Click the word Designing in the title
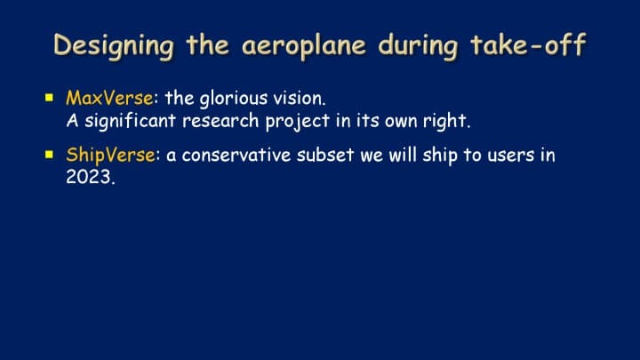(x=114, y=45)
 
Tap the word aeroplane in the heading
(x=304, y=46)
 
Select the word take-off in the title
(x=529, y=44)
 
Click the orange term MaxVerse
(x=109, y=98)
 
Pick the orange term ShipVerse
(x=110, y=155)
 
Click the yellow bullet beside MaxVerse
(x=50, y=98)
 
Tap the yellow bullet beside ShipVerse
(x=50, y=155)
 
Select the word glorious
(x=234, y=100)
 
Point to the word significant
(x=131, y=121)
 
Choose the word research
(x=220, y=121)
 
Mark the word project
(x=298, y=122)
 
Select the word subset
(x=325, y=155)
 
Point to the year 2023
(x=89, y=177)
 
